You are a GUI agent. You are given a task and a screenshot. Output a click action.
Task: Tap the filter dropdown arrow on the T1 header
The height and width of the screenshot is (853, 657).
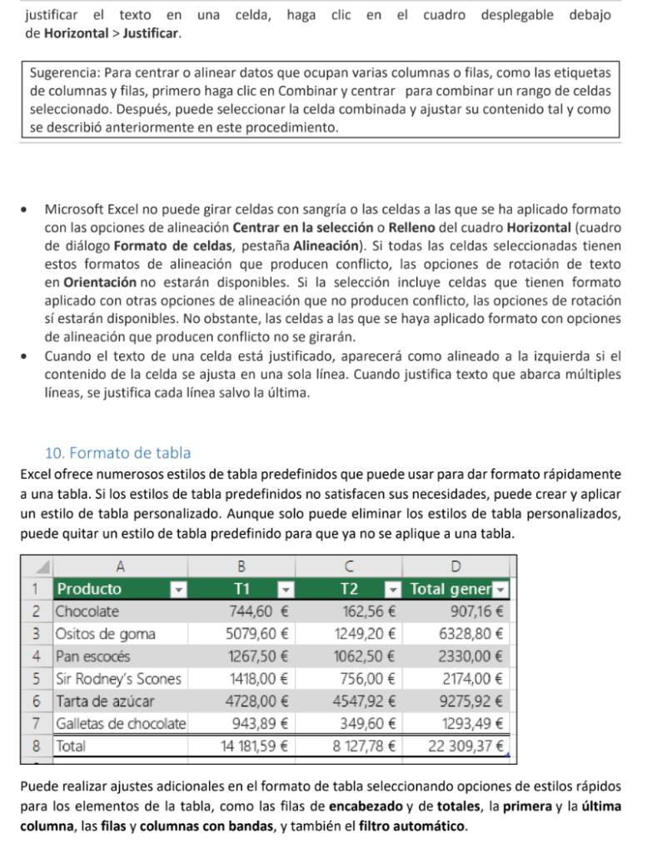coord(286,590)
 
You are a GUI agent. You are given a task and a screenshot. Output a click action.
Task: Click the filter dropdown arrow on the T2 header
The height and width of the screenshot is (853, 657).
coord(391,590)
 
